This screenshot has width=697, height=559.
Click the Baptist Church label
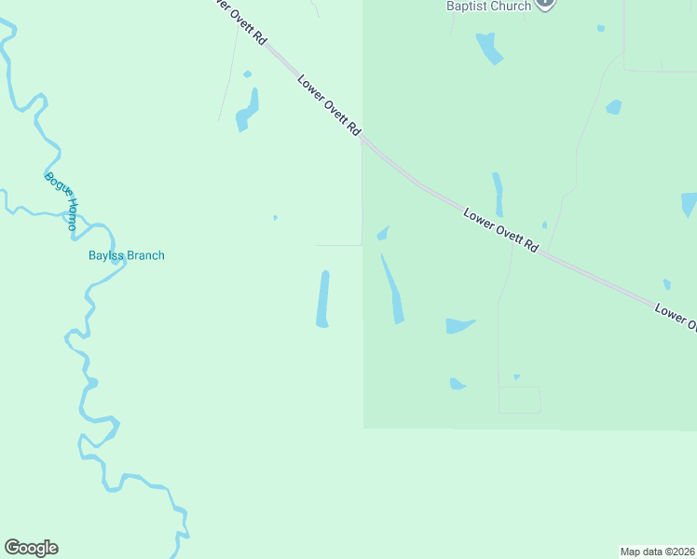pyautogui.click(x=488, y=7)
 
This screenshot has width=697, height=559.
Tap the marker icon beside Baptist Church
pyautogui.click(x=546, y=4)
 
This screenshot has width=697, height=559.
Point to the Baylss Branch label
pyautogui.click(x=126, y=255)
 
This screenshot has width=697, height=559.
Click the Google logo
pyautogui.click(x=32, y=548)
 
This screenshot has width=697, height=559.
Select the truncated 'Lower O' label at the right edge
pyautogui.click(x=676, y=315)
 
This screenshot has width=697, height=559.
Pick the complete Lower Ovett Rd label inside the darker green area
pyautogui.click(x=501, y=230)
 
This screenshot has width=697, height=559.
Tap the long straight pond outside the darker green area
pyautogui.click(x=323, y=299)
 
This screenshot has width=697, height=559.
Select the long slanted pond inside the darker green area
pyautogui.click(x=392, y=290)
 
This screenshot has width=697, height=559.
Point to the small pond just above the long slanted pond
pyautogui.click(x=382, y=233)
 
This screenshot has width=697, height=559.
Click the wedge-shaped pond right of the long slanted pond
pyautogui.click(x=458, y=325)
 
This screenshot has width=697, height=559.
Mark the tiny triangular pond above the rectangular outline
pyautogui.click(x=516, y=377)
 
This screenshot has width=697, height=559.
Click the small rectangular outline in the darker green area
pyautogui.click(x=519, y=400)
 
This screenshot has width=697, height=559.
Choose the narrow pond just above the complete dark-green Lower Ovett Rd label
pyautogui.click(x=498, y=194)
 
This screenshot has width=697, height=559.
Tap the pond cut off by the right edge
pyautogui.click(x=689, y=204)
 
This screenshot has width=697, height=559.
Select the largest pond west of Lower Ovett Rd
pyautogui.click(x=247, y=110)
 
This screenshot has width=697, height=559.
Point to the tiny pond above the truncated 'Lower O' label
pyautogui.click(x=666, y=284)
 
